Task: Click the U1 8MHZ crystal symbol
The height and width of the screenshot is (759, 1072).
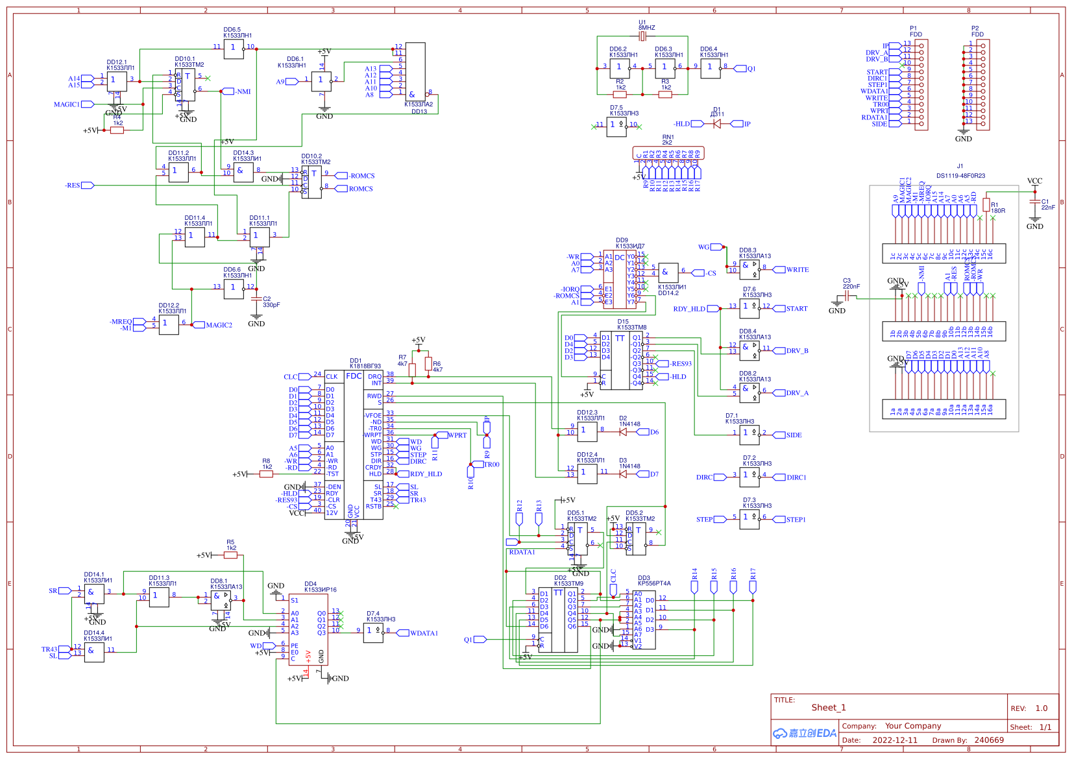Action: pyautogui.click(x=642, y=36)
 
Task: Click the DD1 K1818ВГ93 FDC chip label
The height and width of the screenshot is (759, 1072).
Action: pyautogui.click(x=365, y=363)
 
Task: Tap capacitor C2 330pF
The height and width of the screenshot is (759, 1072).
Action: pyautogui.click(x=256, y=299)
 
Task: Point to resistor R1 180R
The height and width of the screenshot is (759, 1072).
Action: pyautogui.click(x=986, y=205)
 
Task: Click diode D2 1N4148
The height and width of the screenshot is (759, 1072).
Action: pyautogui.click(x=622, y=431)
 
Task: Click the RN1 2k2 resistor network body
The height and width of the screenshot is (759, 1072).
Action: pyautogui.click(x=668, y=153)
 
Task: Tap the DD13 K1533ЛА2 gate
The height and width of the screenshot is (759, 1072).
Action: pyautogui.click(x=415, y=71)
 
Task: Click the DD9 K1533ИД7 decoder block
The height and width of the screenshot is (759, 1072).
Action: pyautogui.click(x=620, y=279)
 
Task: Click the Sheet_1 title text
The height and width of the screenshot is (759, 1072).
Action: pyautogui.click(x=829, y=708)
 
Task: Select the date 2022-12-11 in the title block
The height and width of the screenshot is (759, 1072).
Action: pyautogui.click(x=895, y=740)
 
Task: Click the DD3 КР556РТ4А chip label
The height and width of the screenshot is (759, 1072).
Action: pyautogui.click(x=653, y=581)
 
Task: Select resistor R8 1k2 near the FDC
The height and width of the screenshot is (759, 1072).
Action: pyautogui.click(x=266, y=474)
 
